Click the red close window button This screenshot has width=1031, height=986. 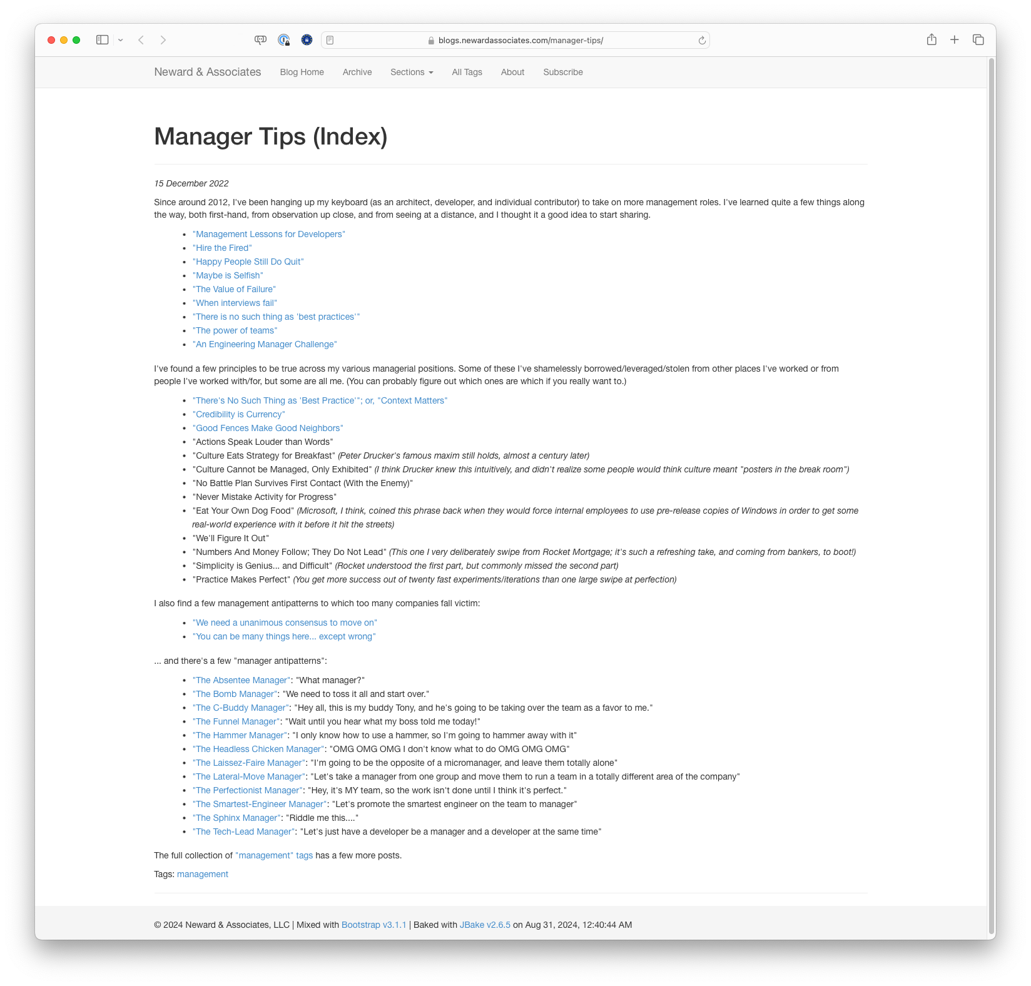pyautogui.click(x=51, y=40)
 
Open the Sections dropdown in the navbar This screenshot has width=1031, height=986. pyautogui.click(x=412, y=72)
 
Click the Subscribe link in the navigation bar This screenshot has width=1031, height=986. pyautogui.click(x=562, y=72)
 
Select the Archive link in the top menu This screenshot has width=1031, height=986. pyautogui.click(x=357, y=72)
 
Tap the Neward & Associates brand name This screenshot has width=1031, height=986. pyautogui.click(x=207, y=72)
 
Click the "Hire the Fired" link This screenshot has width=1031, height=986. pyautogui.click(x=222, y=248)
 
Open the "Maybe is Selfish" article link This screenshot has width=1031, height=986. pyautogui.click(x=228, y=275)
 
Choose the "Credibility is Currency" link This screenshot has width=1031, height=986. pyautogui.click(x=238, y=414)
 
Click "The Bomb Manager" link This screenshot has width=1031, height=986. pyautogui.click(x=235, y=694)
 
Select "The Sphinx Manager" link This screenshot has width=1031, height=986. pyautogui.click(x=236, y=818)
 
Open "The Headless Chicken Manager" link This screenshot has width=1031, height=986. pyautogui.click(x=258, y=749)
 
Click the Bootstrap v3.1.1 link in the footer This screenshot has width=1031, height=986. pyautogui.click(x=373, y=925)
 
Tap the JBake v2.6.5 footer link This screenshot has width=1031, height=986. pyautogui.click(x=485, y=925)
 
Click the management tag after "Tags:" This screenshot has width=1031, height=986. pyautogui.click(x=202, y=874)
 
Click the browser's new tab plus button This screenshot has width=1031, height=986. pyautogui.click(x=954, y=40)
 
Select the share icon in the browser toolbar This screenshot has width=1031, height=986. pyautogui.click(x=932, y=40)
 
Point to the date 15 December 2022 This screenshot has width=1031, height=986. pyautogui.click(x=191, y=183)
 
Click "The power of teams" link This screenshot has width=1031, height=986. pyautogui.click(x=235, y=330)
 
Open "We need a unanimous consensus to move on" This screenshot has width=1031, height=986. pyautogui.click(x=285, y=623)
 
